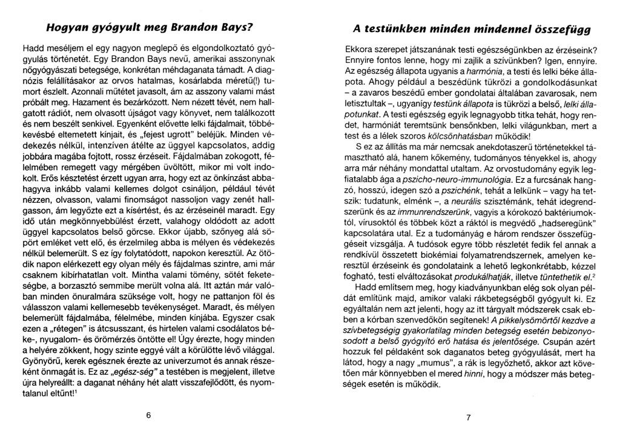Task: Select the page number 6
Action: click(147, 415)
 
